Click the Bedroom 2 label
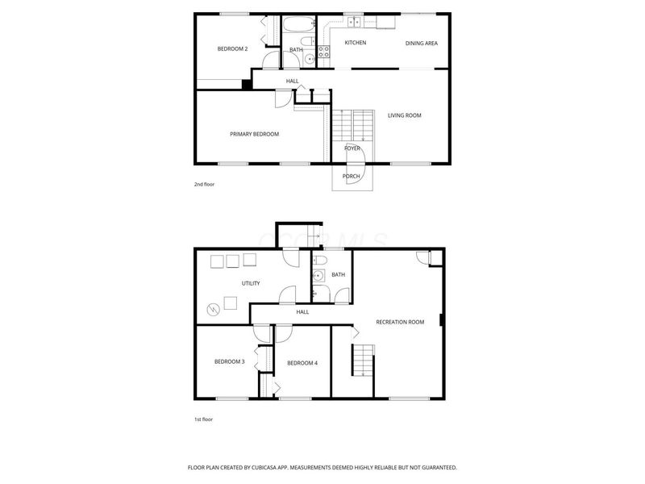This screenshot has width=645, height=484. coord(232,49)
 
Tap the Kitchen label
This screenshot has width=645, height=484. coord(356,43)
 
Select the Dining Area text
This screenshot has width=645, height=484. coord(422,44)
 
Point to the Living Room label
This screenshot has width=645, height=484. coord(405,115)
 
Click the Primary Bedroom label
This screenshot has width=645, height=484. coord(254,134)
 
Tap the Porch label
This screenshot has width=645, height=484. coord(352,177)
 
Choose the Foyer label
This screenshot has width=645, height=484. coord(352,148)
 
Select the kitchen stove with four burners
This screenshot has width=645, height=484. coord(324,52)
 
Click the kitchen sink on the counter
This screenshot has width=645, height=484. coord(354,22)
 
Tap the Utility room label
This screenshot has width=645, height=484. coord(251,284)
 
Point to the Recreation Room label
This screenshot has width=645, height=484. coord(400,322)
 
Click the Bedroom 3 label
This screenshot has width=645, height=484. coord(230,361)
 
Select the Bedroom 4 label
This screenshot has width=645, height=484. coord(302,364)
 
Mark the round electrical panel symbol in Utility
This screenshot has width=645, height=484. coord(213,309)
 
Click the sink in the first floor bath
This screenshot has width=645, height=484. coord(318,276)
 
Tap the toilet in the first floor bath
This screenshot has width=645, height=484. coord(319,260)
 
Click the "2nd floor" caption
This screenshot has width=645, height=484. coord(204,185)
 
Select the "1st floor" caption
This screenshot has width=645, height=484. coord(204,419)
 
